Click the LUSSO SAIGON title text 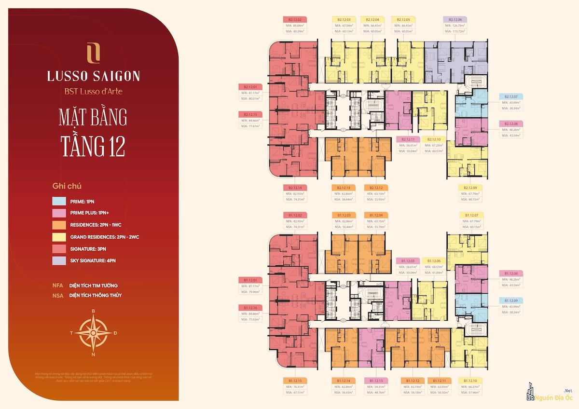click(x=93, y=76)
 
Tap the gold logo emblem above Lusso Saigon click(x=93, y=53)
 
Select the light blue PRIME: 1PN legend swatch click(x=59, y=201)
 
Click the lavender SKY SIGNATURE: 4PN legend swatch click(x=59, y=260)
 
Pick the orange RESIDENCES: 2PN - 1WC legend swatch click(x=59, y=225)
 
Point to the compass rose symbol click(x=93, y=333)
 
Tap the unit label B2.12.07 click(x=511, y=96)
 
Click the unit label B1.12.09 click(x=511, y=300)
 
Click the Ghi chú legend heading click(x=67, y=185)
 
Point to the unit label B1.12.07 click(x=471, y=214)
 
